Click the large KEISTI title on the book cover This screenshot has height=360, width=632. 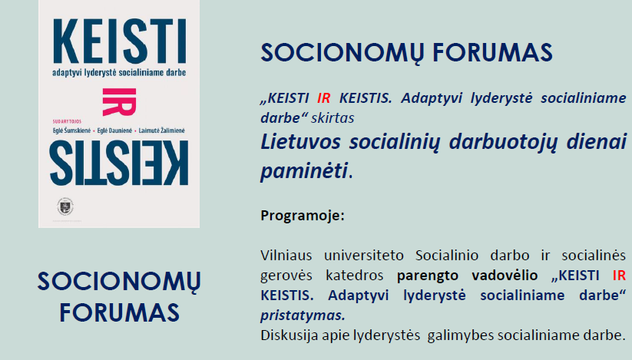coord(119,41)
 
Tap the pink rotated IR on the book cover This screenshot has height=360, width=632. coord(119,102)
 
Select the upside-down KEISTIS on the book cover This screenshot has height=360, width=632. coord(119,163)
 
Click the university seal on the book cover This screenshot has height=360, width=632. coord(65,207)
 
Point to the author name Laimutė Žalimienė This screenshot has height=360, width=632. coord(161,130)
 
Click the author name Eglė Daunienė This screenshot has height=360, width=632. coord(114,130)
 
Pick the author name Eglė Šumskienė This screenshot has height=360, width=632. coord(71,130)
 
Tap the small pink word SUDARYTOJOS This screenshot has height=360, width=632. coord(67,121)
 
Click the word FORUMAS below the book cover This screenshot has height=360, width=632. coord(119,312)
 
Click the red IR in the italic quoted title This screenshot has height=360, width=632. coord(323,97)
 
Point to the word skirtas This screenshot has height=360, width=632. coord(333,118)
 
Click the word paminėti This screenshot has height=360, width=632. coord(304,171)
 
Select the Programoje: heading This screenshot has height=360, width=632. coord(303,216)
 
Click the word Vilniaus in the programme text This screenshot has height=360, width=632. coord(286,256)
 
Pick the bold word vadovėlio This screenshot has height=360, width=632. coord(505,275)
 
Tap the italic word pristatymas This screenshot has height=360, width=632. coord(303,315)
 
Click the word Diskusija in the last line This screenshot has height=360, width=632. coord(290,335)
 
